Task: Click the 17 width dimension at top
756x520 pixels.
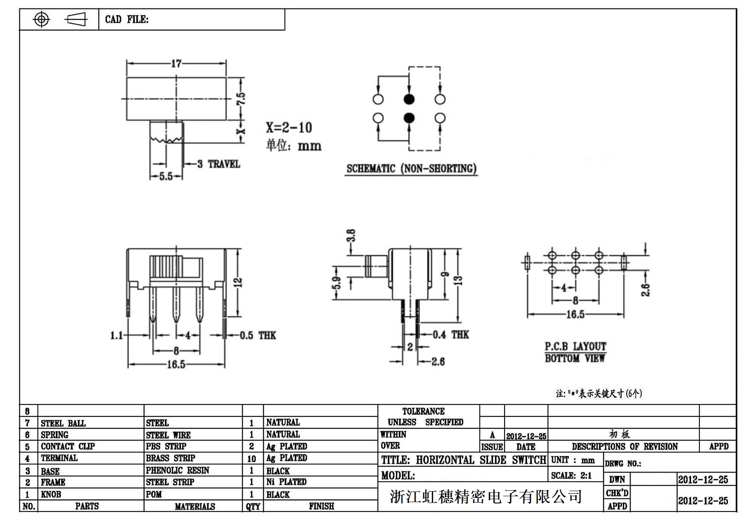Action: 176,64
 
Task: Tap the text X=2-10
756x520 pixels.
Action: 289,127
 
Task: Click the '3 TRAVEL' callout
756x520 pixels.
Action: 219,164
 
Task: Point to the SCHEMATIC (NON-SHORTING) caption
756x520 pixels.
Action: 411,169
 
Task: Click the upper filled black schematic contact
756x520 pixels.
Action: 409,99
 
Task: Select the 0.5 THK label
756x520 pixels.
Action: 258,336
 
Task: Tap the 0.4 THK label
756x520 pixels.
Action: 451,335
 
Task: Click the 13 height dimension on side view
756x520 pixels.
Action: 458,280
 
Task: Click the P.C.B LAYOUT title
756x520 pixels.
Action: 575,347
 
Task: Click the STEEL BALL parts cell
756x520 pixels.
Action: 63,423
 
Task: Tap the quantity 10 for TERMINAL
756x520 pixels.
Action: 251,459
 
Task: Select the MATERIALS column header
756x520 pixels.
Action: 195,506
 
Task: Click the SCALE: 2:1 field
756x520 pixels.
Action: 571,475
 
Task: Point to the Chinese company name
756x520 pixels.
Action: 485,497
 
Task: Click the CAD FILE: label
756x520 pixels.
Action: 127,20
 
